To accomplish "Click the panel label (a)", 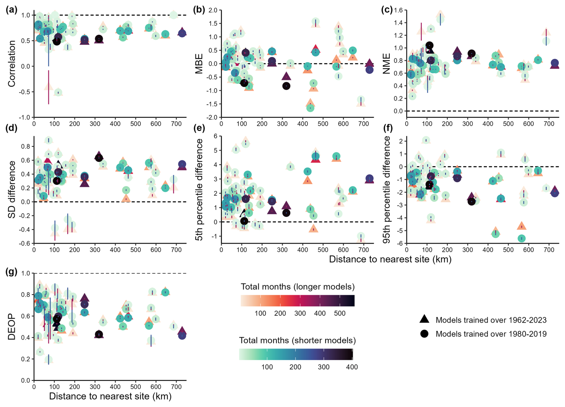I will click(x=11, y=10).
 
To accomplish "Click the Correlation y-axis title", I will click(x=12, y=64).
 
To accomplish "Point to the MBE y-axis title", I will click(x=199, y=64).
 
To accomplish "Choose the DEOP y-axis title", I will click(x=12, y=326).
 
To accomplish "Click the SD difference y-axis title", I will click(x=12, y=189).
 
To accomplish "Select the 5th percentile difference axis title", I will click(x=199, y=189).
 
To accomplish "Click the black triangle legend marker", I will click(x=424, y=319).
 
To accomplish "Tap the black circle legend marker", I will click(x=424, y=334).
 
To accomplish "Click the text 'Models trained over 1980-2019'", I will click(x=491, y=334).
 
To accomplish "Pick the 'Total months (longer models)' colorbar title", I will click(x=297, y=287).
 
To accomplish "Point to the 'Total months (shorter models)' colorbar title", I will click(x=297, y=340).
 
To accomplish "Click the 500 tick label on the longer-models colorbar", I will click(x=340, y=313).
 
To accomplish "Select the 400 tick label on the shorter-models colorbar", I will click(x=352, y=367).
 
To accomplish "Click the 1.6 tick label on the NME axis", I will click(x=398, y=10).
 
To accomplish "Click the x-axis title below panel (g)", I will click(x=110, y=396).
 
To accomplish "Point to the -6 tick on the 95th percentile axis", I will click(x=399, y=243).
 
